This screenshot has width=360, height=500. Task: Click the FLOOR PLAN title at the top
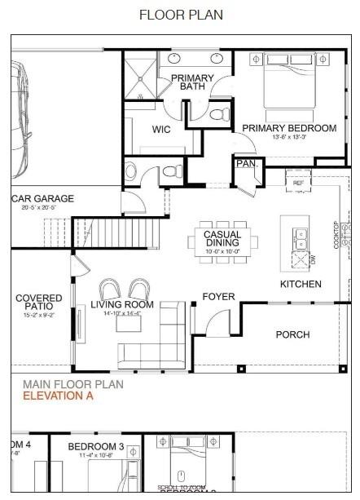click(181, 15)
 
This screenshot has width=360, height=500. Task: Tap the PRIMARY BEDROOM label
click(288, 128)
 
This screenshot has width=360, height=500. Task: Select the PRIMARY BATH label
click(192, 82)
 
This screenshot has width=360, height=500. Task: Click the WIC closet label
click(160, 129)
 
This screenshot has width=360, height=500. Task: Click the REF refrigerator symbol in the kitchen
click(297, 184)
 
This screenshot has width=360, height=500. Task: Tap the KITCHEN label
click(301, 284)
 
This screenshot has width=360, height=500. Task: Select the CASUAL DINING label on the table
click(222, 238)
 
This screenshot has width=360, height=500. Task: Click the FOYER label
click(218, 296)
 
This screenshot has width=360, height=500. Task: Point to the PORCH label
click(292, 334)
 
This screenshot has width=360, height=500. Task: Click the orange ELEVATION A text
click(58, 396)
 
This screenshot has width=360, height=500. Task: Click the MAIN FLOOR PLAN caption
click(72, 384)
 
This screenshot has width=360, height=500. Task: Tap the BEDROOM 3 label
click(95, 446)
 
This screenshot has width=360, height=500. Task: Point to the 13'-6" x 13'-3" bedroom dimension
click(288, 137)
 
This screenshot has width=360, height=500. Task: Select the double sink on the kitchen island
click(301, 237)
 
